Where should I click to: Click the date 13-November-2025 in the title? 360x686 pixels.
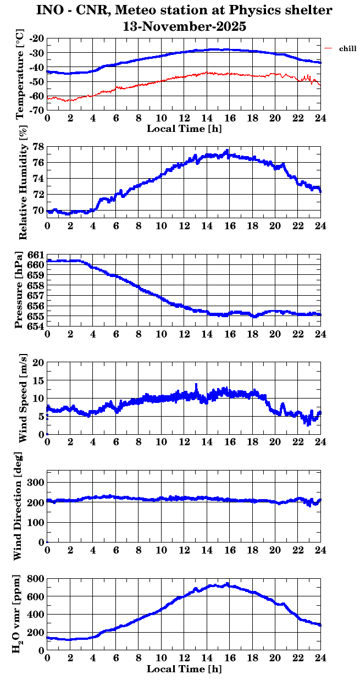(184, 26)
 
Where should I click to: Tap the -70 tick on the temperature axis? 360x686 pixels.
(37, 110)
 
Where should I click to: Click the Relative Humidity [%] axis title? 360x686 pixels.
(23, 183)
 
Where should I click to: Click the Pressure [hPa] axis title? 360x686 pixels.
(19, 290)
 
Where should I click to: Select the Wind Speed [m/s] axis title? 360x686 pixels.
(23, 398)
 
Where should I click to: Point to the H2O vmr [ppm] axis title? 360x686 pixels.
(19, 614)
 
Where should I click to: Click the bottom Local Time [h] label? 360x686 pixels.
(184, 669)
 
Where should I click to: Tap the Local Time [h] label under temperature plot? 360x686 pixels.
(184, 128)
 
